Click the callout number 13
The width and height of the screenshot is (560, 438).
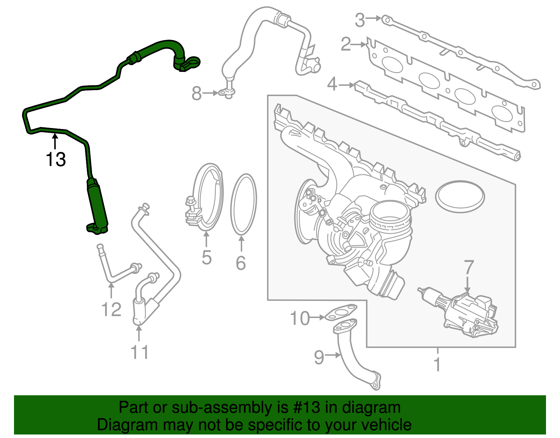56,159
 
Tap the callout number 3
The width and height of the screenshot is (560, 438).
360,20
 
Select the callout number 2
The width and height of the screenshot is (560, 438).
346,45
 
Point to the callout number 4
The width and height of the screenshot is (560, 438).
332,85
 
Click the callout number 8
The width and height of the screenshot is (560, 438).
197,93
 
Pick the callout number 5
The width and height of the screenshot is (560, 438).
206,257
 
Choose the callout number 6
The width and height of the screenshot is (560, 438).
241,263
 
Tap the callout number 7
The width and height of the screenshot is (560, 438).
469,267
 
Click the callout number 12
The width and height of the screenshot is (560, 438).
111,309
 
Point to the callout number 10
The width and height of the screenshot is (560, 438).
300,318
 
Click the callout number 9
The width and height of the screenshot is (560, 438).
319,357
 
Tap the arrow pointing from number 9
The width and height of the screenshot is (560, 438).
333,355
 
